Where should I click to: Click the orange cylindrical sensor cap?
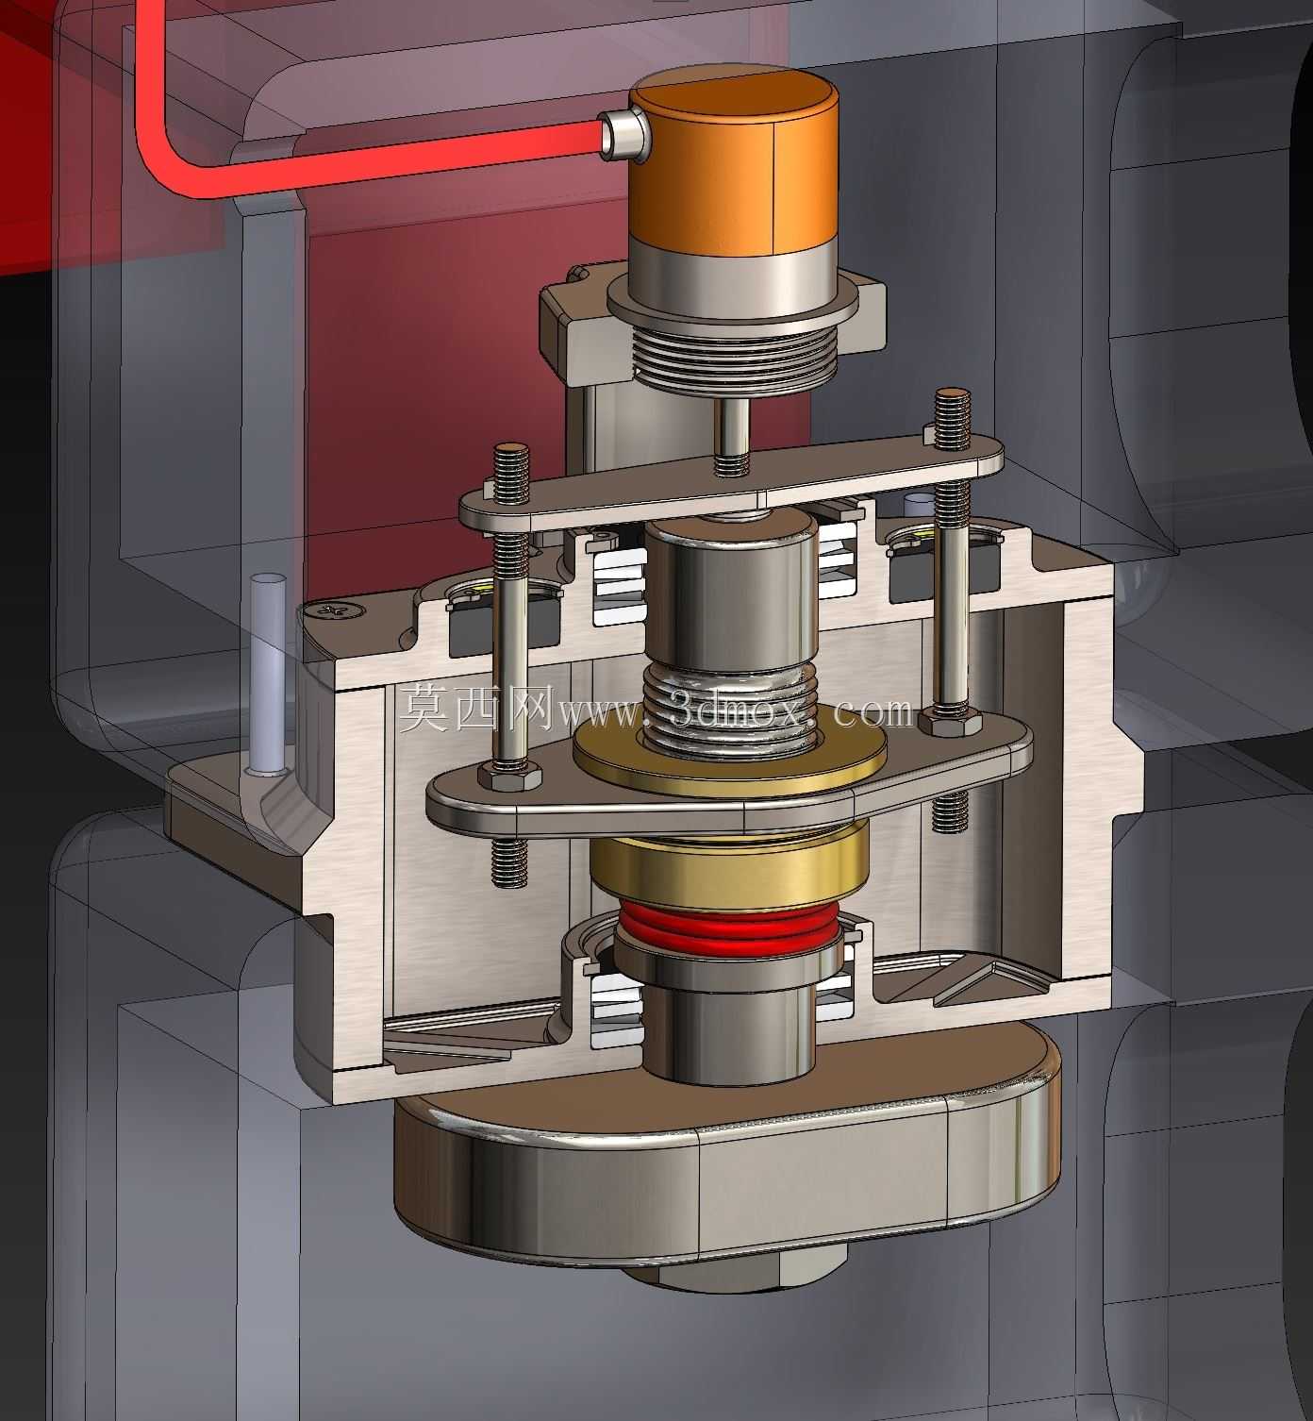click(734, 163)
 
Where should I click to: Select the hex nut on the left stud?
click(508, 775)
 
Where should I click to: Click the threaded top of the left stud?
click(511, 472)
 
